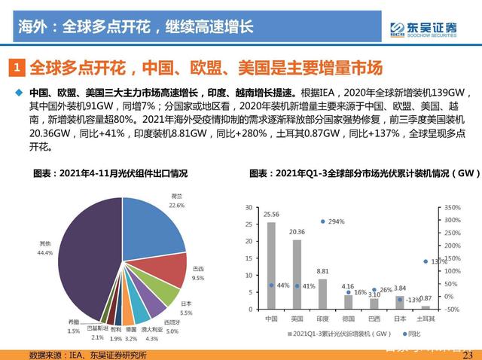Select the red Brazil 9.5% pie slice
click(170, 269)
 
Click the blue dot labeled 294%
click(322, 221)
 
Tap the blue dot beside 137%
click(426, 262)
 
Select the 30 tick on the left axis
click(248, 206)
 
